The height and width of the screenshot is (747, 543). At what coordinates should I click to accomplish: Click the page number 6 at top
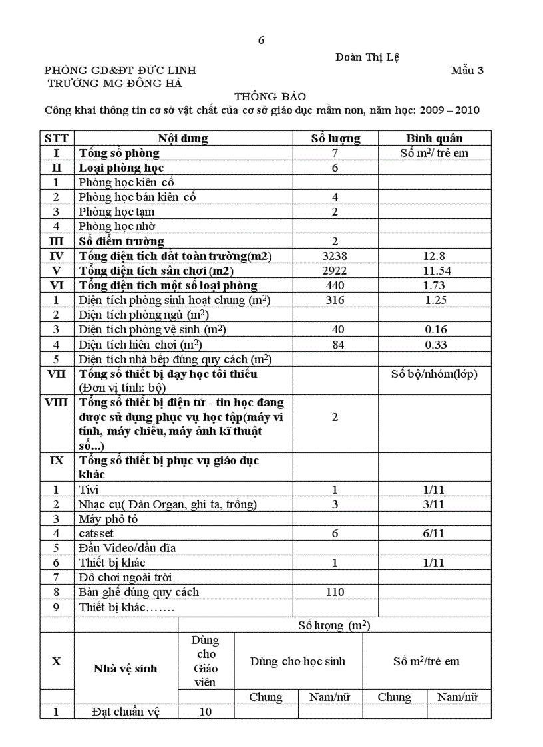click(261, 40)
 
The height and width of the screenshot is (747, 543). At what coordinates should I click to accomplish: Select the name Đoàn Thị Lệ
click(367, 57)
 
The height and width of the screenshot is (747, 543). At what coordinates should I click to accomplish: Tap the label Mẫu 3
click(467, 70)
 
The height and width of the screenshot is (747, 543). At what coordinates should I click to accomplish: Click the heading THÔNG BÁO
click(260, 96)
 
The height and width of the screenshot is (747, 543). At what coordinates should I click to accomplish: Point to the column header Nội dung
click(182, 138)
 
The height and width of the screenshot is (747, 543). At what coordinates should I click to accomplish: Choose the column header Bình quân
click(435, 138)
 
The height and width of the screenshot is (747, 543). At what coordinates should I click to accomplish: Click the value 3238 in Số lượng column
click(335, 256)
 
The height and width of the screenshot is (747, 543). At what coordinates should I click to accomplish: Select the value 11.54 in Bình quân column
click(435, 271)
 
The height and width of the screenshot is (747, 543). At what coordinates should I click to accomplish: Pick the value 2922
click(335, 271)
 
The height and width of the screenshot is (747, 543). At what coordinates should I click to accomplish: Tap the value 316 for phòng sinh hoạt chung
click(335, 300)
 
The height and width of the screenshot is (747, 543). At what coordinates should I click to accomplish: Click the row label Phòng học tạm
click(116, 212)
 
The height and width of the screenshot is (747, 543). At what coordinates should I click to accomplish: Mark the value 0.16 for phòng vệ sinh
click(435, 329)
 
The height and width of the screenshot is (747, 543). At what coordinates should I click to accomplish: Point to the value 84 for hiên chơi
click(335, 344)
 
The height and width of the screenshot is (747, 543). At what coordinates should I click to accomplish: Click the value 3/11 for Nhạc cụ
click(435, 504)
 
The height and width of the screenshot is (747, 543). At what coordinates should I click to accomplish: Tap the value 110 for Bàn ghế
click(335, 592)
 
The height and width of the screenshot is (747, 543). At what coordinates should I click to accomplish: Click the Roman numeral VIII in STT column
click(57, 403)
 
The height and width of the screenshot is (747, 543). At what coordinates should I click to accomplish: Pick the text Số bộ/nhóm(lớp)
click(435, 374)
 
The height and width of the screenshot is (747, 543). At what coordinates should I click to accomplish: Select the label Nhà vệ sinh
click(126, 669)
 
